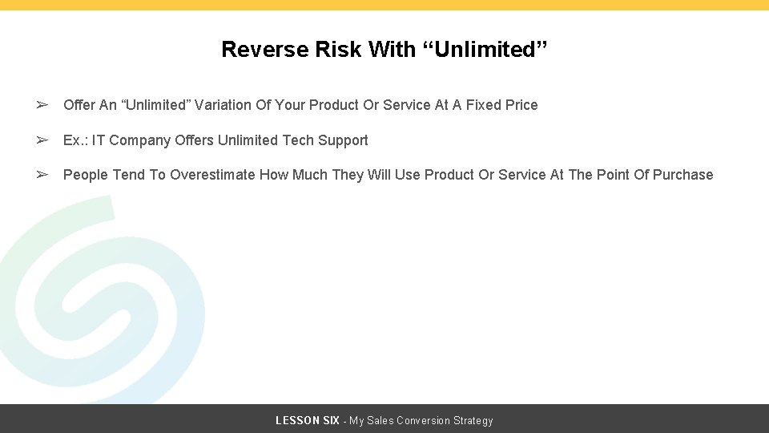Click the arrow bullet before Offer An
[x=42, y=105]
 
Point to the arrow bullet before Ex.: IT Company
[x=42, y=140]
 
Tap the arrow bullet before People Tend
[x=42, y=175]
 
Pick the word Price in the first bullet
[x=521, y=105]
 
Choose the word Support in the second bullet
[x=343, y=140]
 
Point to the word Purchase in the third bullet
[x=682, y=175]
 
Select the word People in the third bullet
[x=86, y=175]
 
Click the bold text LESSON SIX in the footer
[x=308, y=421]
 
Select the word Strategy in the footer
[x=473, y=421]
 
